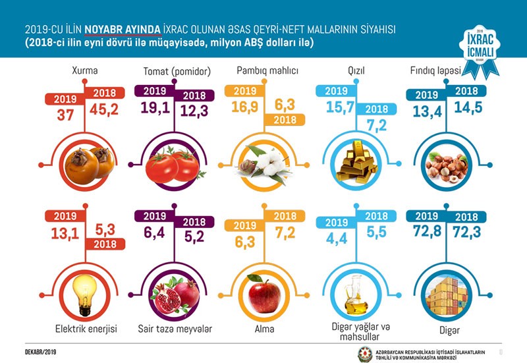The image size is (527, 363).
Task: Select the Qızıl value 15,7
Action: pyautogui.click(x=336, y=107)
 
